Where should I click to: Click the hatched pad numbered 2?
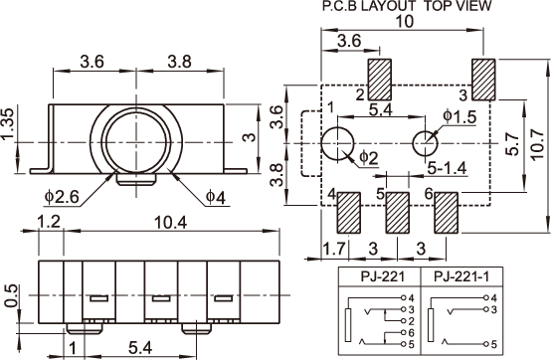click(380, 80)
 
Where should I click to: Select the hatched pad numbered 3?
click(483, 80)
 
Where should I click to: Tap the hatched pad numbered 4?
click(349, 213)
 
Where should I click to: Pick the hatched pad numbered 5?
click(398, 213)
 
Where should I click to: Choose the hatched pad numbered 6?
click(447, 213)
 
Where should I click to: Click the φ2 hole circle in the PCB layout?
click(338, 143)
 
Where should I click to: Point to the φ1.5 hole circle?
click(426, 143)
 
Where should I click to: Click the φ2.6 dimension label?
click(62, 197)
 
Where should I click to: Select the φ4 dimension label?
click(216, 197)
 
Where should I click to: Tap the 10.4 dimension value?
click(171, 223)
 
